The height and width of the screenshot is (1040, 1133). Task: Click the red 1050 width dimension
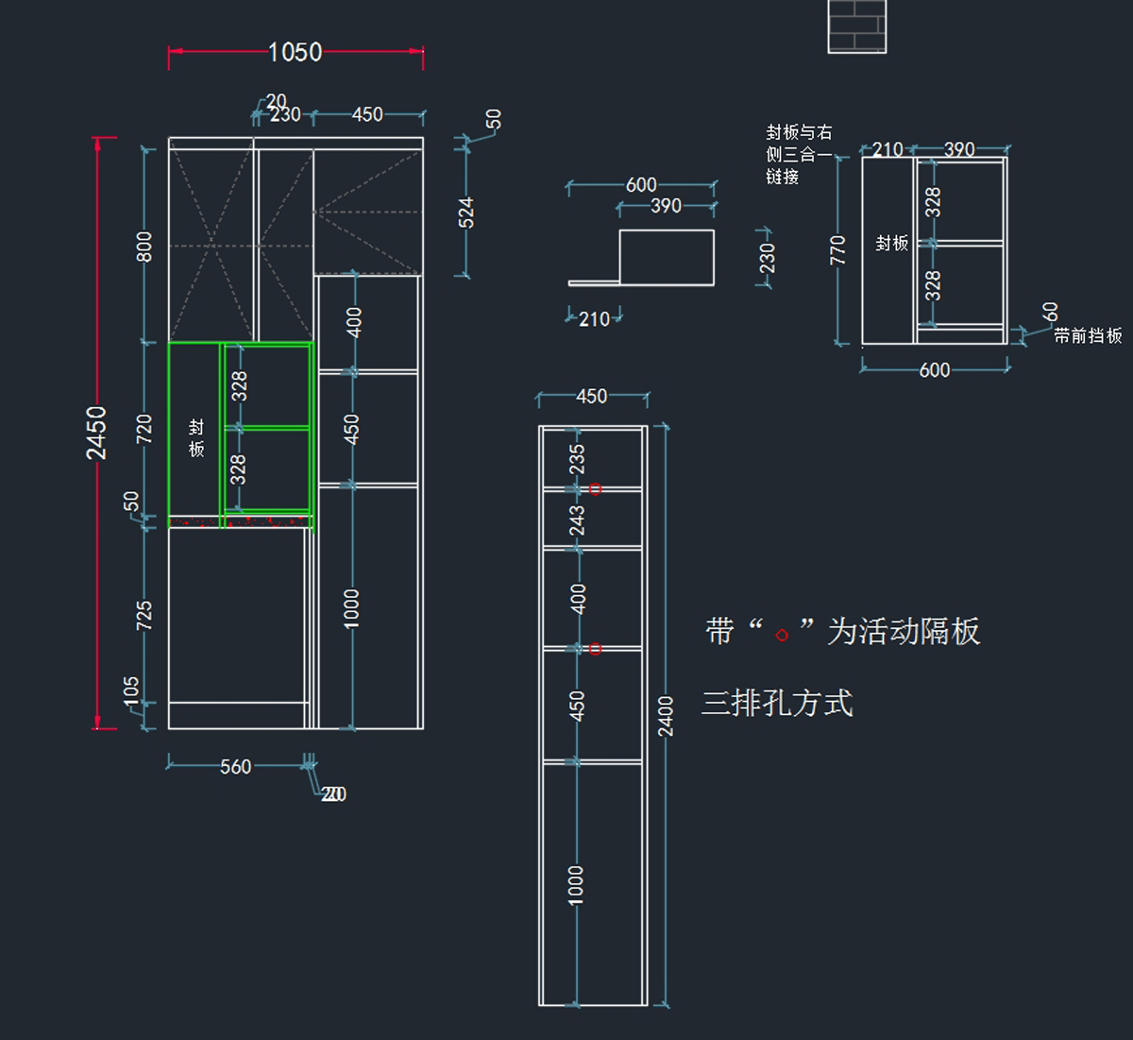(x=295, y=52)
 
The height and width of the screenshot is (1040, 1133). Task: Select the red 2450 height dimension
(x=97, y=433)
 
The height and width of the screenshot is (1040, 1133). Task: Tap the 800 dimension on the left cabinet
(x=144, y=247)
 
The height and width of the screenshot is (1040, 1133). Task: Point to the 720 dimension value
(x=144, y=429)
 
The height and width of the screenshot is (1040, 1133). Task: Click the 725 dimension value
(x=144, y=615)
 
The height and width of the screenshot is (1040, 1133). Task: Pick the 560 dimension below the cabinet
(x=235, y=767)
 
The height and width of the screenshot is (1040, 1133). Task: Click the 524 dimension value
(x=466, y=212)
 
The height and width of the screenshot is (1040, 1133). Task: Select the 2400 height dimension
(x=666, y=716)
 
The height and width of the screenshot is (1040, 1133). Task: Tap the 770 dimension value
(x=837, y=250)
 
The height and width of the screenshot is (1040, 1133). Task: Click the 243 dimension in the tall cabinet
(x=577, y=520)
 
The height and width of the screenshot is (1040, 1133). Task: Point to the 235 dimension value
(x=577, y=459)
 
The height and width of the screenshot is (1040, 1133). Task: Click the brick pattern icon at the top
(x=856, y=26)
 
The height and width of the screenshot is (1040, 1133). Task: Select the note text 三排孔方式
(x=777, y=704)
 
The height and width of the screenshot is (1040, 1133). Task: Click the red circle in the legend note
(x=782, y=636)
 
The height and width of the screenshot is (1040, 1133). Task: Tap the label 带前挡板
(x=1088, y=335)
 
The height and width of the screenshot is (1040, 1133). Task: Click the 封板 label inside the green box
(x=196, y=438)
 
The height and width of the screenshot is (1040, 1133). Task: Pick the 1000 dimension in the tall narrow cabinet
(x=576, y=885)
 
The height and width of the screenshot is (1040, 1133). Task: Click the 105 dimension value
(x=131, y=690)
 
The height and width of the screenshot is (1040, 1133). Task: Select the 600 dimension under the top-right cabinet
(x=934, y=370)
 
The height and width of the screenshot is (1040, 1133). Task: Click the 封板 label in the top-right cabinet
(x=891, y=244)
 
